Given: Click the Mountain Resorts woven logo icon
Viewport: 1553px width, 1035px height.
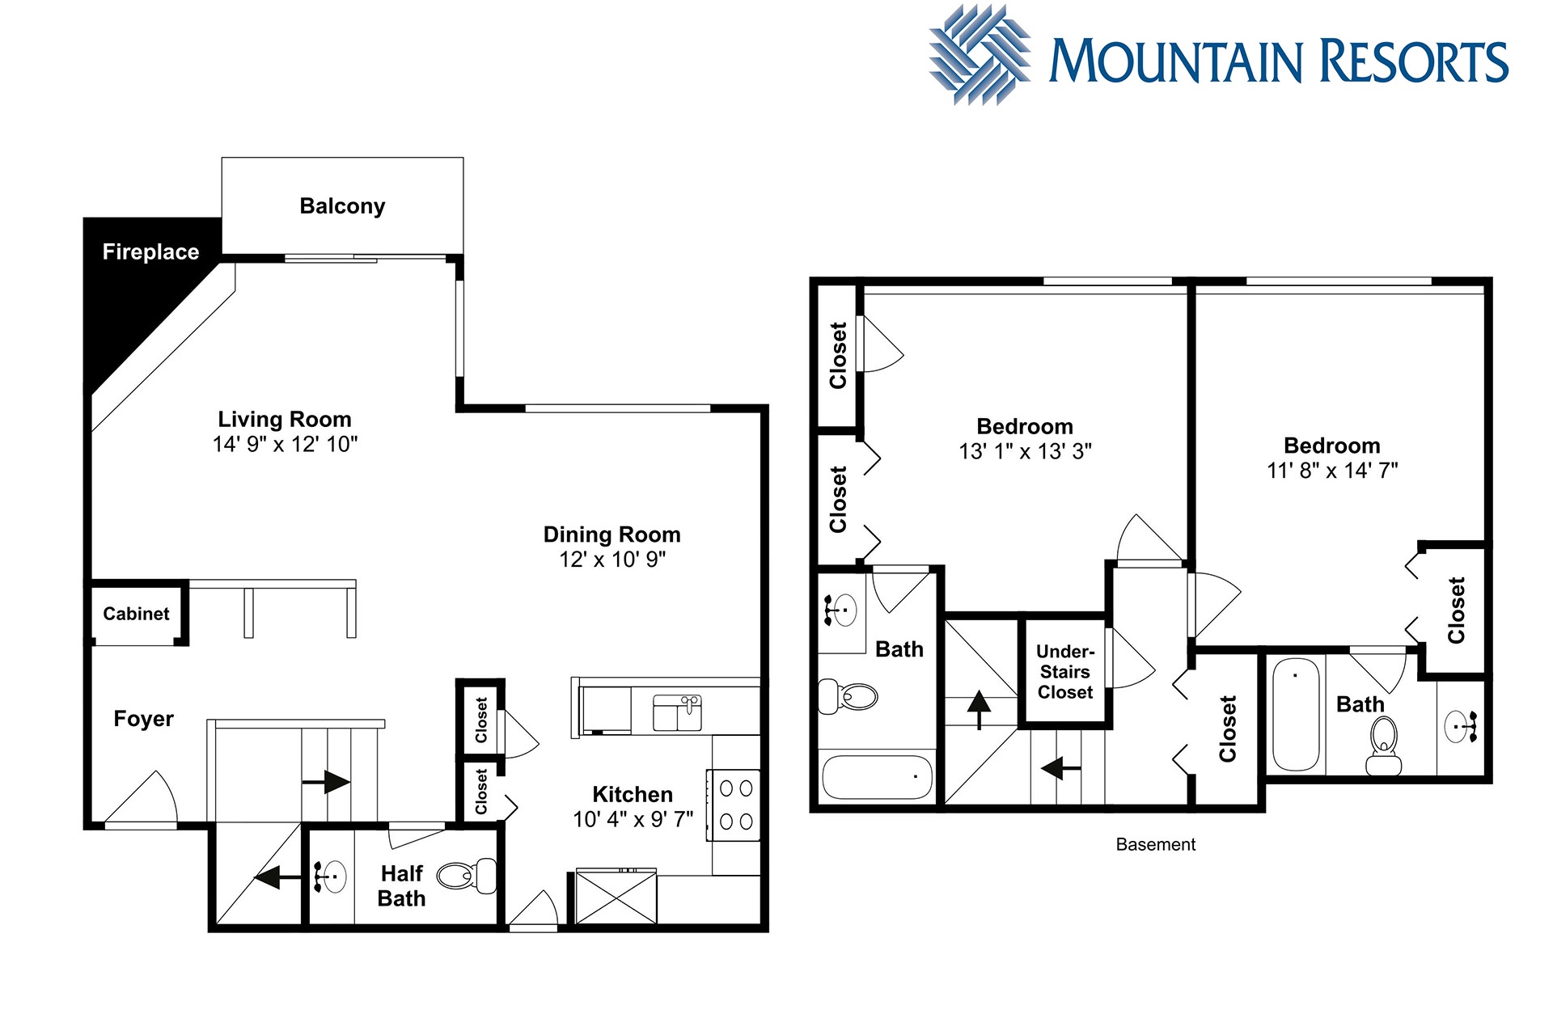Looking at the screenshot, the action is pyautogui.click(x=980, y=55).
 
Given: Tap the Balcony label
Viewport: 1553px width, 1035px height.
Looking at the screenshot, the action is pyautogui.click(x=342, y=206).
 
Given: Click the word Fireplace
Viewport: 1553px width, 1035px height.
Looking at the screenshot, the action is pyautogui.click(x=150, y=252).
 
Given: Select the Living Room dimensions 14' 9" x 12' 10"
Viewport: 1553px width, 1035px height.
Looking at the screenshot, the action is pyautogui.click(x=285, y=444).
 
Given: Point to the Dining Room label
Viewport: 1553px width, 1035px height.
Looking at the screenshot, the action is pyautogui.click(x=611, y=534).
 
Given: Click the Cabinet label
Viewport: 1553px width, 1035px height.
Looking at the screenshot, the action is pyautogui.click(x=136, y=614).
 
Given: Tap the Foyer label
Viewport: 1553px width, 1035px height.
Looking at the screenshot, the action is pyautogui.click(x=143, y=719).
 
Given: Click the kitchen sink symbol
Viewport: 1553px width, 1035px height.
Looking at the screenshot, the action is pyautogui.click(x=677, y=712).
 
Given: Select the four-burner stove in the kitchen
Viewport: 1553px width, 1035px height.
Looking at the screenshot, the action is pyautogui.click(x=735, y=805).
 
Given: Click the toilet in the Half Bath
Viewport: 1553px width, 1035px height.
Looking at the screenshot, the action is pyautogui.click(x=468, y=876).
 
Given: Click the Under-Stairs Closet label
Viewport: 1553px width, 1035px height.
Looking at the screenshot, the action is pyautogui.click(x=1065, y=672).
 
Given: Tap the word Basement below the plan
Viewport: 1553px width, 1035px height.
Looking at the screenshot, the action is pyautogui.click(x=1155, y=844).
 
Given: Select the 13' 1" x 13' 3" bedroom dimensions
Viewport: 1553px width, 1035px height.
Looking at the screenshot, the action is pyautogui.click(x=1025, y=451).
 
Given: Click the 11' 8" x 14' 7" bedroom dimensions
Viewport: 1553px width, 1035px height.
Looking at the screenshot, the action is pyautogui.click(x=1332, y=471).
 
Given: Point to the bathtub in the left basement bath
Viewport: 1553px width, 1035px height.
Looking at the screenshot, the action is pyautogui.click(x=878, y=777).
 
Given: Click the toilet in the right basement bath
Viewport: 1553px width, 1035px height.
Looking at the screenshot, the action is pyautogui.click(x=1384, y=746).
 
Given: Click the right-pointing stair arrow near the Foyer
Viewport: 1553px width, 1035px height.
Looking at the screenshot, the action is pyautogui.click(x=326, y=782).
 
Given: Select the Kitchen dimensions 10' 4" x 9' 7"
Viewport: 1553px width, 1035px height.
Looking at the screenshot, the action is pyautogui.click(x=633, y=820).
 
